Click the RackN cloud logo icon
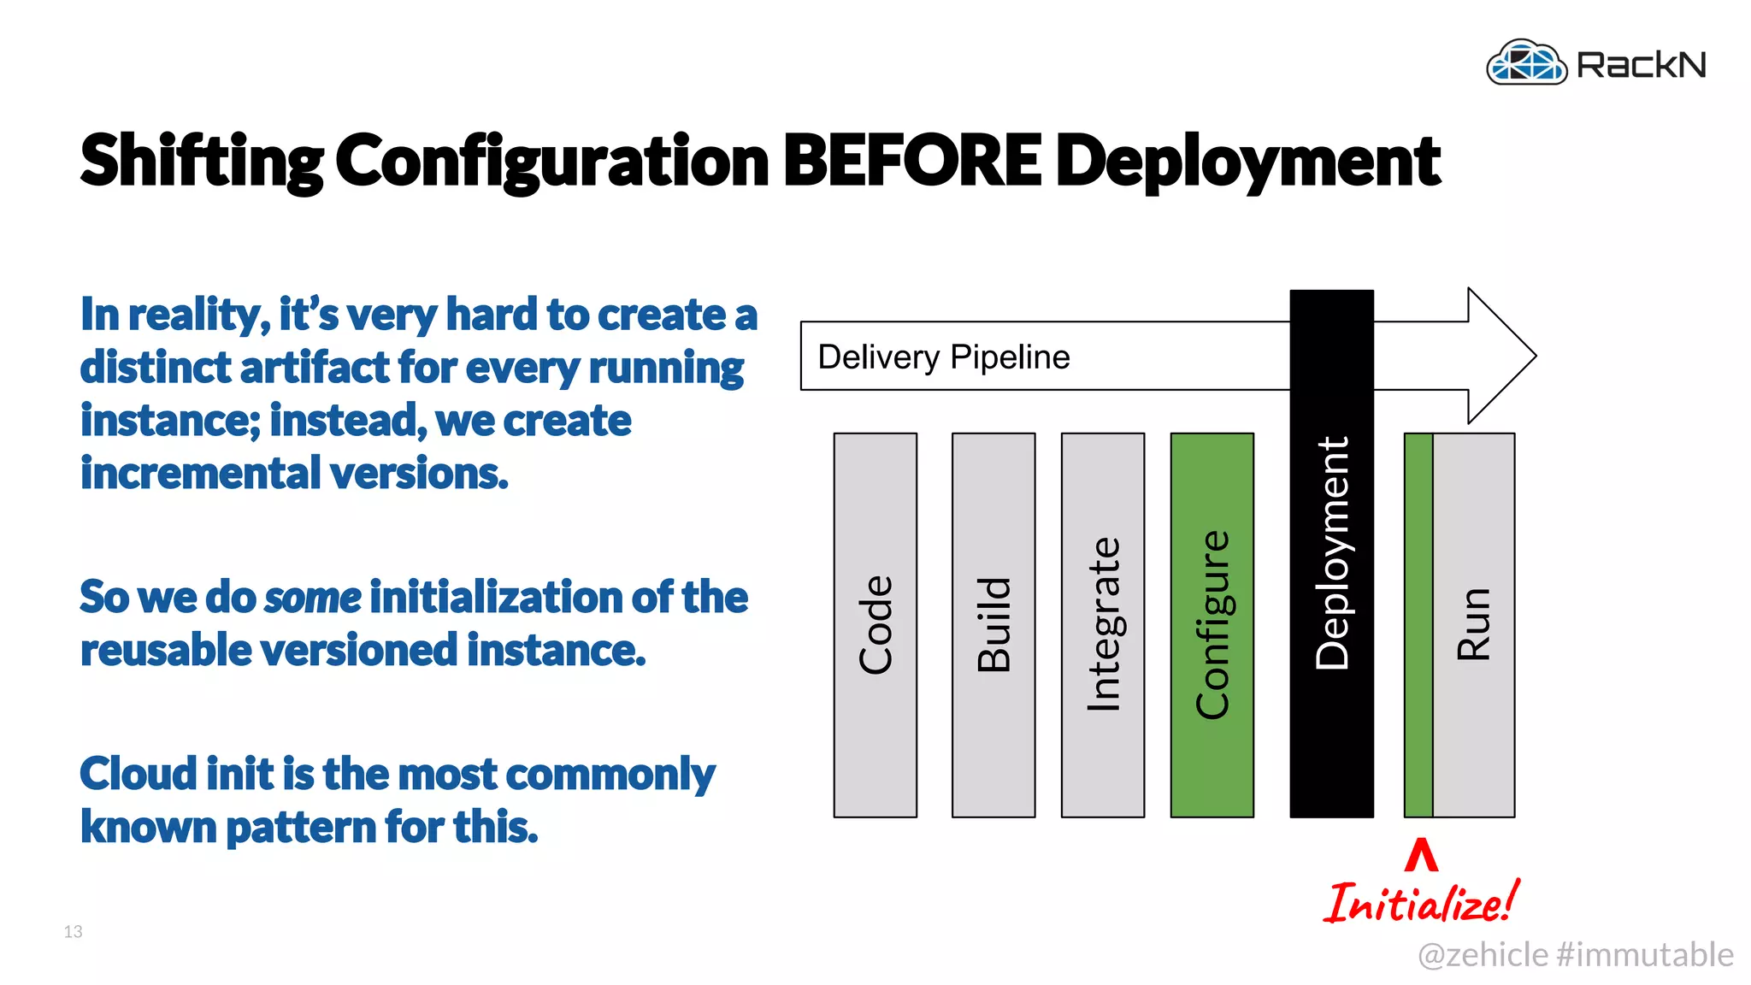(x=1526, y=62)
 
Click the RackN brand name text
(x=1641, y=65)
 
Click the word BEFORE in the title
(x=911, y=161)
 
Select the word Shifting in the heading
(x=202, y=161)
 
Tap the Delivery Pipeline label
(x=943, y=357)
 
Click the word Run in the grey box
(x=1474, y=625)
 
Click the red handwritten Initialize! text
(x=1421, y=903)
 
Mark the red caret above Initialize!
(x=1421, y=855)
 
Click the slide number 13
(x=73, y=931)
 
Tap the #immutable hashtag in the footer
(x=1645, y=954)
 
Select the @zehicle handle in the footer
(x=1483, y=954)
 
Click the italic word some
(x=313, y=597)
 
